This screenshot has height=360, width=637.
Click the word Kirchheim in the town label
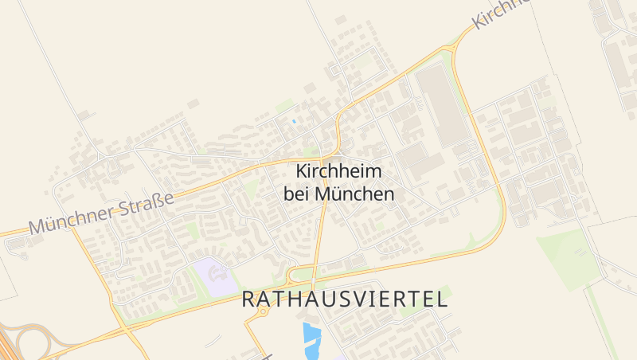click(339, 171)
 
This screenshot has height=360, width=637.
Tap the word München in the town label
click(355, 194)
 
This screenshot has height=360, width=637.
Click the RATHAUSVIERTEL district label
click(344, 299)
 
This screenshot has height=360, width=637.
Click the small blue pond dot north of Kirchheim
click(295, 121)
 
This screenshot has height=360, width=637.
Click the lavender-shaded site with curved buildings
click(214, 276)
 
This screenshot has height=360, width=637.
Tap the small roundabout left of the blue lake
click(262, 311)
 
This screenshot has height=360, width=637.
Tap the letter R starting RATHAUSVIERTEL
click(248, 299)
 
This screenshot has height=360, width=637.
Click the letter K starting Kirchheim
click(301, 171)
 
